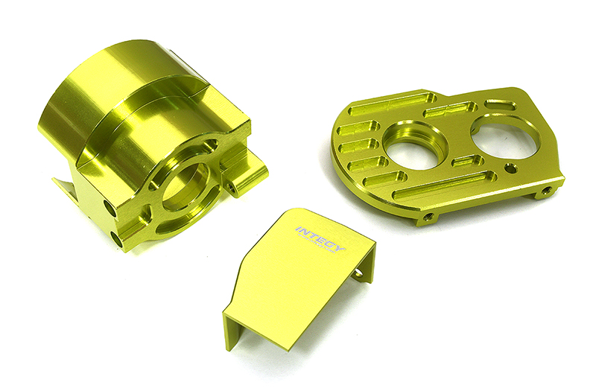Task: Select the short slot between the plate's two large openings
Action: [x=467, y=161]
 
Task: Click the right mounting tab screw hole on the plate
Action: [x=547, y=191]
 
